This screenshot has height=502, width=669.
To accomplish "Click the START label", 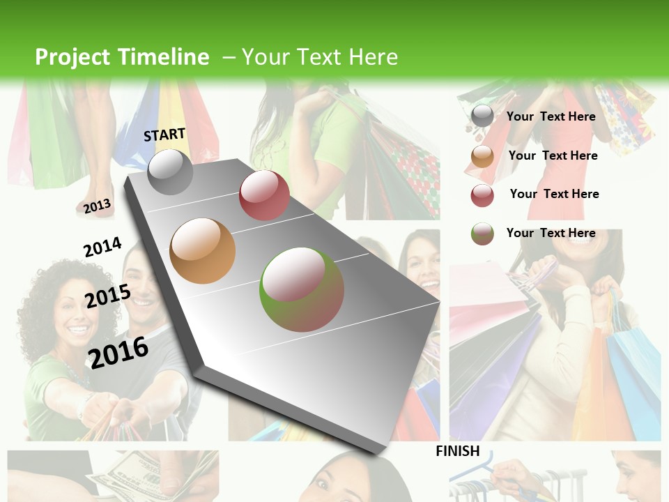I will click(x=164, y=135).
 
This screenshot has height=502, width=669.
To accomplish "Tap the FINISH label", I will click(x=458, y=451).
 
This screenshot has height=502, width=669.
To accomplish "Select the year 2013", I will click(x=97, y=206).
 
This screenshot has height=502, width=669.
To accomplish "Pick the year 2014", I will click(x=102, y=247).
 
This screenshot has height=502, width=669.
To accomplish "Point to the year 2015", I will click(x=108, y=296).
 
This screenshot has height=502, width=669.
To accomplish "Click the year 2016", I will click(x=118, y=353).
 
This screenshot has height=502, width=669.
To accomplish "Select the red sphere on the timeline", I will click(x=264, y=195).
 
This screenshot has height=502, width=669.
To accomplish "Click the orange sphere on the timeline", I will click(x=203, y=251).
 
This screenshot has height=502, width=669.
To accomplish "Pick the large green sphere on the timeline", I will click(x=302, y=289).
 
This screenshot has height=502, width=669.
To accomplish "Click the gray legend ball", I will click(x=482, y=116).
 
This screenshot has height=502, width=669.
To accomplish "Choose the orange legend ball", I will click(x=482, y=156).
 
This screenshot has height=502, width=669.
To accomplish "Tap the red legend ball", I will click(x=482, y=195).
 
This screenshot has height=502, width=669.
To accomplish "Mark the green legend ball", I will click(x=482, y=234).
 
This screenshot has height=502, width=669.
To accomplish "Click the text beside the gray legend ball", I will click(x=551, y=116).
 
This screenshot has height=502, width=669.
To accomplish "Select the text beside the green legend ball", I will click(x=551, y=233).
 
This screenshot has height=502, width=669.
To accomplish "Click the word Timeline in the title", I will click(x=164, y=57).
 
